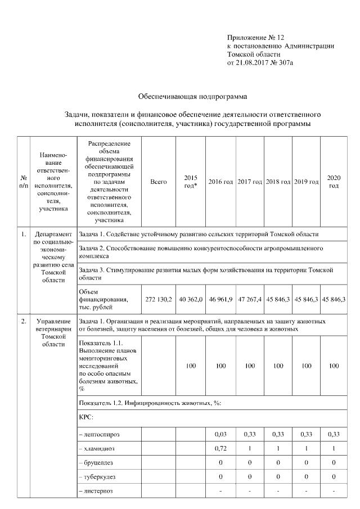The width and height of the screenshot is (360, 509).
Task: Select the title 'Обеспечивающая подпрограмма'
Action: pos(192,97)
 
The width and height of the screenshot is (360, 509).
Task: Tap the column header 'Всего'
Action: pos(159,182)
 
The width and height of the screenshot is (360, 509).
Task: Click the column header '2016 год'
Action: pos(220,182)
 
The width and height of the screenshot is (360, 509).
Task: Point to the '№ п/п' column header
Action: pos(23,182)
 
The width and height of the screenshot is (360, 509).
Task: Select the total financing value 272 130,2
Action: pos(159,299)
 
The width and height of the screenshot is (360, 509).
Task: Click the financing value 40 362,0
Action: pos(191,299)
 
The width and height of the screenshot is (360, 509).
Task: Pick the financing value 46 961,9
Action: pos(220,299)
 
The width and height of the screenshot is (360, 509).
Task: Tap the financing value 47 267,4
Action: pos(249,299)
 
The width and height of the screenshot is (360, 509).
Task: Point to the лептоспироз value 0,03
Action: pos(220,434)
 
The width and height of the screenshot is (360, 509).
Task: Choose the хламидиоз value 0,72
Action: pos(220,448)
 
